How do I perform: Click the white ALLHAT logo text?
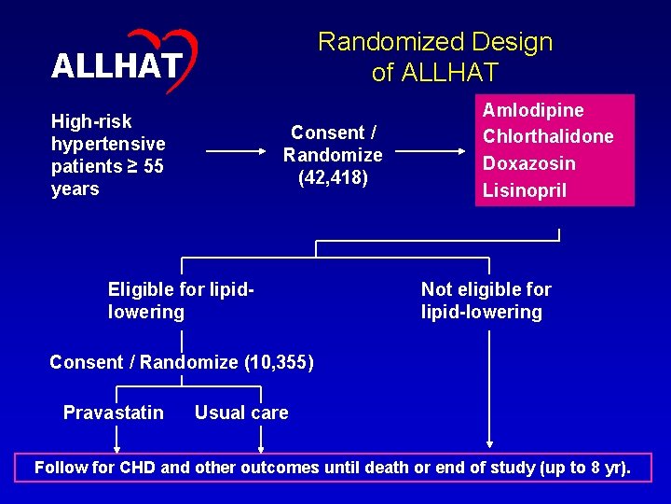click(x=116, y=66)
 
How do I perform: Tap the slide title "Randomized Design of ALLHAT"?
click(x=435, y=56)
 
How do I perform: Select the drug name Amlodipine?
click(x=532, y=110)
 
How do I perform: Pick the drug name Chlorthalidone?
click(x=547, y=136)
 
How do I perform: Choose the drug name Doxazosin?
click(x=528, y=163)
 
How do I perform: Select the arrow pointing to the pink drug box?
click(x=435, y=149)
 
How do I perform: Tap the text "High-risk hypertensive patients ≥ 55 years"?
click(x=108, y=155)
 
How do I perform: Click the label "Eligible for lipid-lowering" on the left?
click(x=181, y=301)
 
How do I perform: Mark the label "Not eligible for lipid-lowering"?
click(x=486, y=301)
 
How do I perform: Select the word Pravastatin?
click(x=113, y=413)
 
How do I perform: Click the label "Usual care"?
click(x=241, y=413)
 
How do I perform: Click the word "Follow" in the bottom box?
click(x=61, y=468)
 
